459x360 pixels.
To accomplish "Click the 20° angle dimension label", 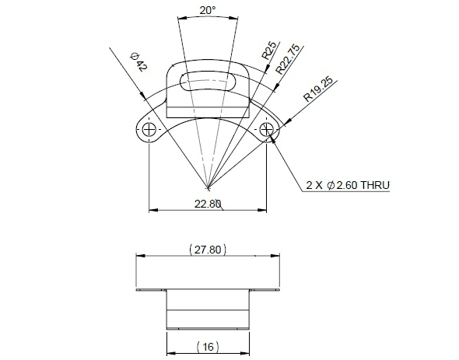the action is coord(208,11).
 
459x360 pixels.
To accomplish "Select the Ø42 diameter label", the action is coord(138,62).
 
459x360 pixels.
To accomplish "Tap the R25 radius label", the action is coord(268,51).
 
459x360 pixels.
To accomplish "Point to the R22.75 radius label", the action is coord(288,59).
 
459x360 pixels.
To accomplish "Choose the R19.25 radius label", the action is coord(318,89).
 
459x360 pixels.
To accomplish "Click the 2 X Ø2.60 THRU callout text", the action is coord(348,185).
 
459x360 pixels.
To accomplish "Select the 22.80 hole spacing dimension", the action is coord(208,204).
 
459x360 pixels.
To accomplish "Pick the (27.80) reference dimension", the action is coord(208,250).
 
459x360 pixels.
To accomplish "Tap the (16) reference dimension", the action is coord(208,347).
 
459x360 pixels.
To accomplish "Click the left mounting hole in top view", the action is coord(149,129).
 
